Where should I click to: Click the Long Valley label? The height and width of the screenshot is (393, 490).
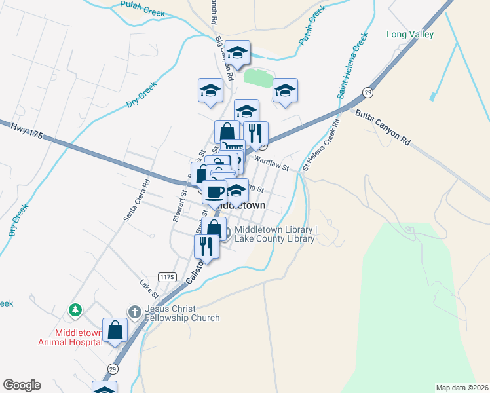[410, 35]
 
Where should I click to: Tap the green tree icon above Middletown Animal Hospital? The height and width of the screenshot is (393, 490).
[76, 309]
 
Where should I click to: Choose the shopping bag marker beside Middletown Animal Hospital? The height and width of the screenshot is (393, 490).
[115, 330]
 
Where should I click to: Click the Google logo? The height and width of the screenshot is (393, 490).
[22, 385]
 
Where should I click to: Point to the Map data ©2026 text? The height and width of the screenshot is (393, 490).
[462, 388]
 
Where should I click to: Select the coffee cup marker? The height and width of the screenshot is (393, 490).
[214, 191]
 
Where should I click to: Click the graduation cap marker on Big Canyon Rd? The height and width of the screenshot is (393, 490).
[237, 52]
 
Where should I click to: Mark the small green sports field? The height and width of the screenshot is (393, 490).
[257, 78]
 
